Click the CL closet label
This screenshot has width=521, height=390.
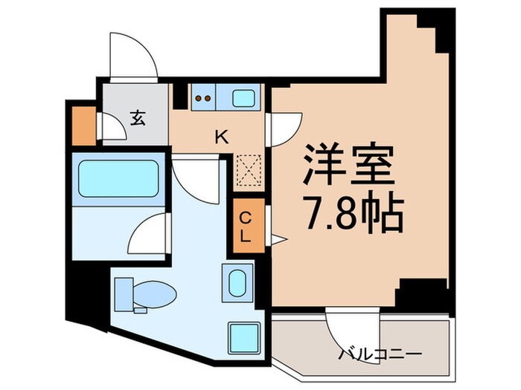pyautogui.click(x=245, y=227)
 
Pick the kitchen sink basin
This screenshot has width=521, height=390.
pyautogui.click(x=243, y=97)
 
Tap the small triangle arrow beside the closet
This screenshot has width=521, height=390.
pyautogui.click(x=277, y=238)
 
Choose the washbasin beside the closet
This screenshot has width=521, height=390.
pyautogui.click(x=237, y=283)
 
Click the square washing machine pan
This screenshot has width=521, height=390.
pyautogui.click(x=243, y=337)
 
